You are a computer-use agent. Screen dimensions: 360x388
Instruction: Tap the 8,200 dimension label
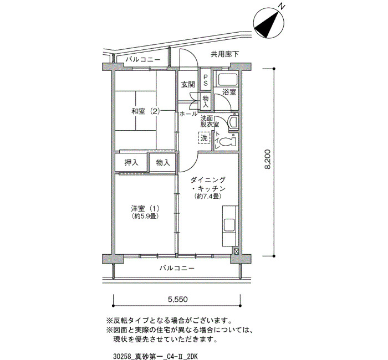[268, 161]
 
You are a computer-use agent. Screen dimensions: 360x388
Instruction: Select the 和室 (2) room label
[146, 111]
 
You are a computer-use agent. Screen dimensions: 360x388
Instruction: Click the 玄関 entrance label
[187, 85]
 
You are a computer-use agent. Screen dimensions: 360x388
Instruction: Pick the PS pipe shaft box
[205, 80]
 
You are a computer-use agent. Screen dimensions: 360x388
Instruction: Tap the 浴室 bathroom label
[229, 91]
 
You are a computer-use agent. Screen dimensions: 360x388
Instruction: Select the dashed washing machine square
[205, 138]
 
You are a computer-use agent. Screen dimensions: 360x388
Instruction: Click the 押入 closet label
[131, 163]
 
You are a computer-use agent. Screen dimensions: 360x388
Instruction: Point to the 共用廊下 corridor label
[224, 54]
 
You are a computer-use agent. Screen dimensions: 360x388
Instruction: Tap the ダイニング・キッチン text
[208, 184]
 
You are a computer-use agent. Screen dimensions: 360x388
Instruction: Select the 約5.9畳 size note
[146, 217]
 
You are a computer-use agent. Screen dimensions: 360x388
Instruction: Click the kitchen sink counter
[229, 226]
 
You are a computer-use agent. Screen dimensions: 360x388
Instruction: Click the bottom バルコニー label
[177, 269]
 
